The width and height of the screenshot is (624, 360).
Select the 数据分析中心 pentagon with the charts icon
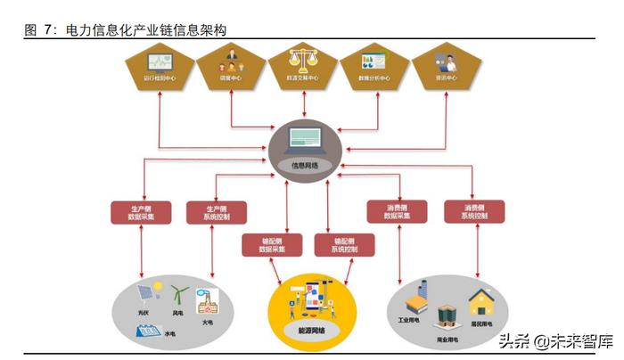374,66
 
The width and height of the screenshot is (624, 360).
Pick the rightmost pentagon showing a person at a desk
446,66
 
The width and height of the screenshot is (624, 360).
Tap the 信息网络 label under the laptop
304,166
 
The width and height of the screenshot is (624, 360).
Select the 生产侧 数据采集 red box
140,212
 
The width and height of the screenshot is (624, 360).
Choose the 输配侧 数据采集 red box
270,245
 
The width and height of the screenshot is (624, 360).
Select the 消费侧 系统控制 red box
473,211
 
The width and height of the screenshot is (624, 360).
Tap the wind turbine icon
177,295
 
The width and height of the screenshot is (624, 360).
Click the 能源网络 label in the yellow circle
312,329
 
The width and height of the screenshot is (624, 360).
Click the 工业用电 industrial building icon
415,299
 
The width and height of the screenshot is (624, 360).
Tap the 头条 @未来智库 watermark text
555,340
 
